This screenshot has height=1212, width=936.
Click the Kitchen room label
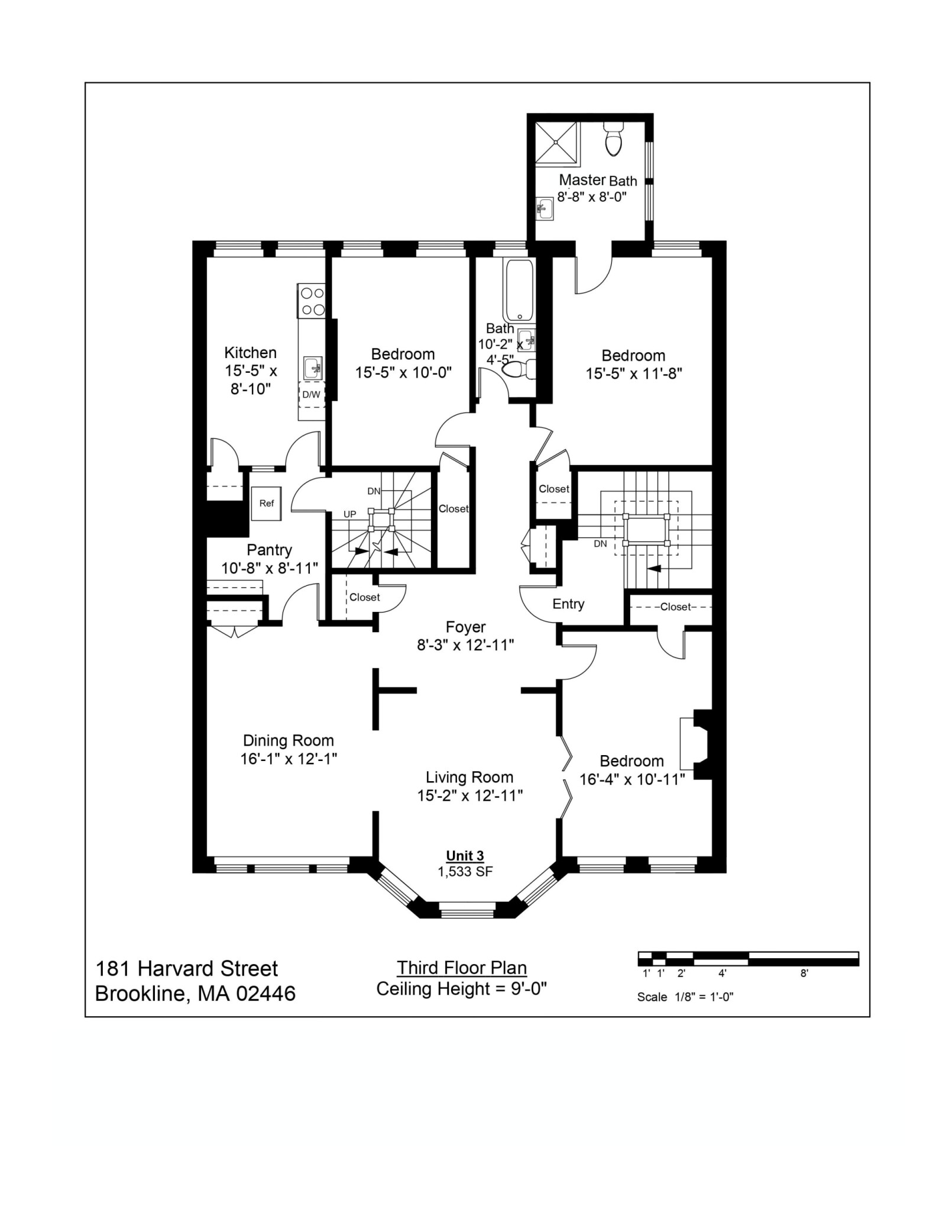coord(250,353)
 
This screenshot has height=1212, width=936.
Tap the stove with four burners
coord(311,301)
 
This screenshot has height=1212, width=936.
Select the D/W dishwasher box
coord(311,395)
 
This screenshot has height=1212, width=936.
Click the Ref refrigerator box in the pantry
coord(266,504)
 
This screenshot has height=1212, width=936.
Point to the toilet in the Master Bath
coord(613,140)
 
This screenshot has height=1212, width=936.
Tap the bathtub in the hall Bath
coord(519,290)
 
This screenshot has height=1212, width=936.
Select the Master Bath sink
coord(545,208)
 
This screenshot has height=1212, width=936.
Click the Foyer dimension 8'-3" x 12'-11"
coord(465,645)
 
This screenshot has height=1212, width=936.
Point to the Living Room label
coord(469,777)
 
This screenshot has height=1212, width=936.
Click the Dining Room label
coord(289,740)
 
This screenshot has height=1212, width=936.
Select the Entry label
coord(568,604)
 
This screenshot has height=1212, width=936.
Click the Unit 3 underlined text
coord(465,856)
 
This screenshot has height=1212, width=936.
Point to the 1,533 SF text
coord(465,871)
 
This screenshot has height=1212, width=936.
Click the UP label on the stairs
coord(350,514)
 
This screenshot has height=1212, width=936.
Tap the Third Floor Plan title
coord(461,968)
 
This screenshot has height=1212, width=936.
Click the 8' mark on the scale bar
coord(804,974)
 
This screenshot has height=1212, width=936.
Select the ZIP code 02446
coord(265,994)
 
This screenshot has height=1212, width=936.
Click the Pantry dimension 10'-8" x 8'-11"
coord(270,568)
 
